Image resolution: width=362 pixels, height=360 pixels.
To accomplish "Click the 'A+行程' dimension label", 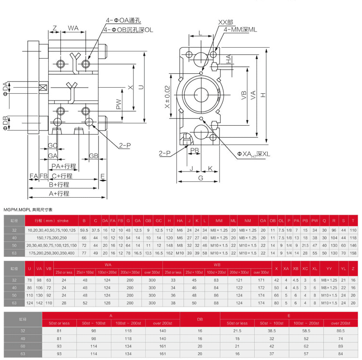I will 59,193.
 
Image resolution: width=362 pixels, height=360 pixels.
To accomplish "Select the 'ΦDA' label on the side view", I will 6,89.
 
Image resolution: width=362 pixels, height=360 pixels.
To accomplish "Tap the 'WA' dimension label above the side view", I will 73,29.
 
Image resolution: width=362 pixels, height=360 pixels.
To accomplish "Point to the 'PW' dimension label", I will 119,104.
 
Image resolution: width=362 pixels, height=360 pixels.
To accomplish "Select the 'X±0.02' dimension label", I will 167,98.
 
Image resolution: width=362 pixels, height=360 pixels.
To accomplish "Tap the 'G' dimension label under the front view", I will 201,178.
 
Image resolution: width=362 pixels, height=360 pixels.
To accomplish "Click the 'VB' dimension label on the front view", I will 244,95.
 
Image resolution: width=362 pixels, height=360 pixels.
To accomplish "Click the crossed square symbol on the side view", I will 43,88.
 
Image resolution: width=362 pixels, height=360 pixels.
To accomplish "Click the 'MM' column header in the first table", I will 219,221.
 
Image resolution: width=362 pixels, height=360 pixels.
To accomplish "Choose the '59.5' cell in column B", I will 84,230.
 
